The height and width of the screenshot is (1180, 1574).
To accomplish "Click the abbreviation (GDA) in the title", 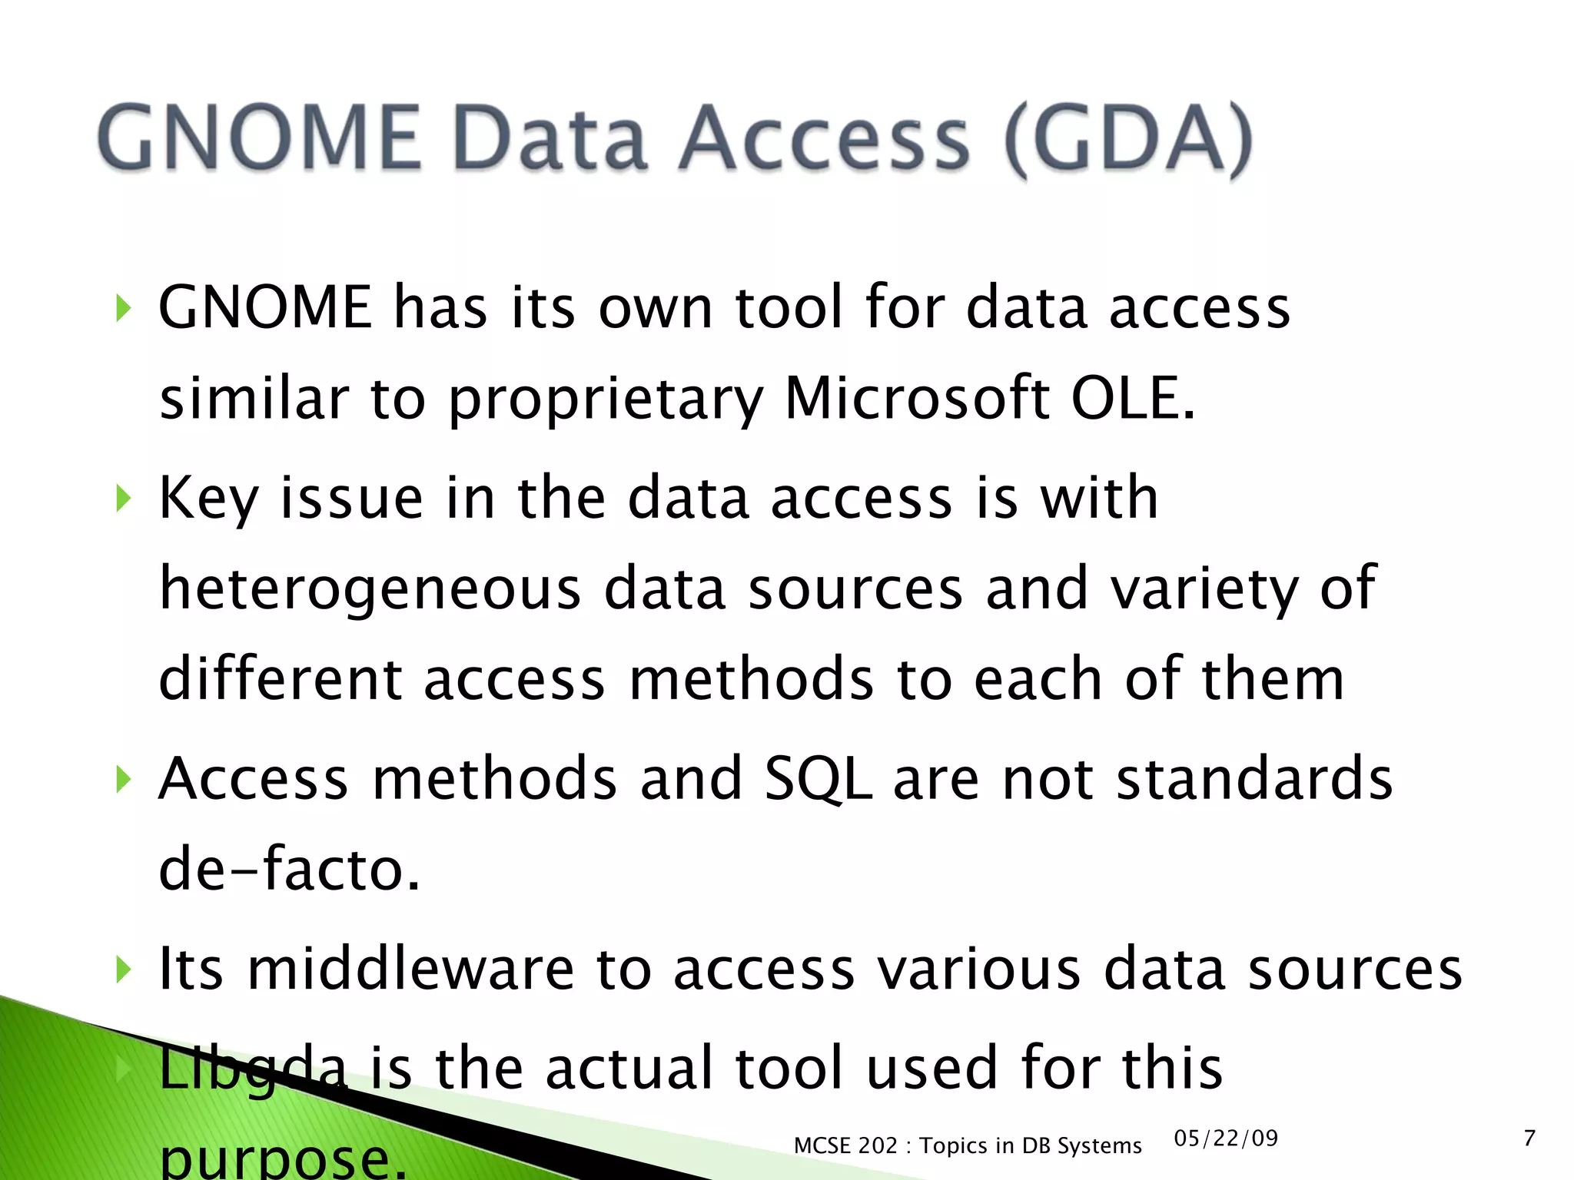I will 1128,138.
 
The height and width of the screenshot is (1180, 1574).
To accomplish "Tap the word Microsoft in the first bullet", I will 917,399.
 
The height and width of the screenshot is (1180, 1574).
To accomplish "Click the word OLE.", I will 1133,399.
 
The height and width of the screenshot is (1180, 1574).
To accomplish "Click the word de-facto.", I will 289,870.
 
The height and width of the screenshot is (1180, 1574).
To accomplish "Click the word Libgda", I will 253,1068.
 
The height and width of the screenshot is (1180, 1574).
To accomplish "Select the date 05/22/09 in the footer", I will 1226,1138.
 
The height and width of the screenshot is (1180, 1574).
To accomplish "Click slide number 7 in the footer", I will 1529,1138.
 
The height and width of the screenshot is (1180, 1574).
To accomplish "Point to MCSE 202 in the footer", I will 845,1145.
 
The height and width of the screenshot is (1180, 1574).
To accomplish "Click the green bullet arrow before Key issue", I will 123,499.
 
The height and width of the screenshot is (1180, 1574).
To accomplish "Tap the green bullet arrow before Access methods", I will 123,780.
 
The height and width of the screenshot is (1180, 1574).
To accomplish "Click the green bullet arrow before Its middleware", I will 123,970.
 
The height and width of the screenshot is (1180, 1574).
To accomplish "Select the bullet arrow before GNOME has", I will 123,309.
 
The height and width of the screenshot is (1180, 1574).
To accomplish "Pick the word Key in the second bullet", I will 208,499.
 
